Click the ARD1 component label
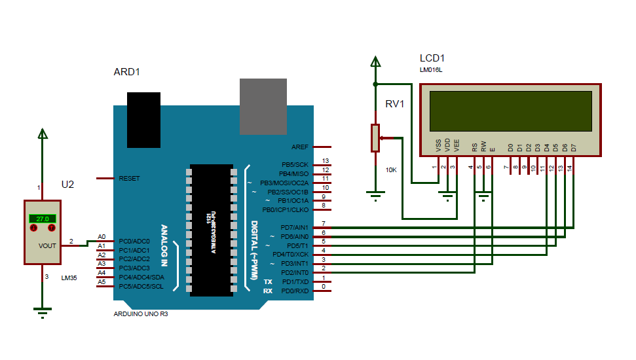pyautogui.click(x=127, y=72)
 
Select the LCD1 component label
pyautogui.click(x=432, y=58)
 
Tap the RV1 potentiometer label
pyautogui.click(x=394, y=104)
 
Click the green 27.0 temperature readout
pyautogui.click(x=43, y=219)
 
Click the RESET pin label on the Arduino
pyautogui.click(x=129, y=178)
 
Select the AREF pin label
pyautogui.click(x=301, y=147)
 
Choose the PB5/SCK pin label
pyautogui.click(x=295, y=164)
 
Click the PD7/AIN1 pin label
pyautogui.click(x=295, y=227)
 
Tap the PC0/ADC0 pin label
pyautogui.click(x=134, y=241)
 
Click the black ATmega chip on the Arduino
pyautogui.click(x=211, y=230)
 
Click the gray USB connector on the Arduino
pyautogui.click(x=263, y=106)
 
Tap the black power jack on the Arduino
pyautogui.click(x=143, y=119)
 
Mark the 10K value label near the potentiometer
pyautogui.click(x=391, y=170)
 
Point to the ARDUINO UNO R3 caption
pyautogui.click(x=141, y=314)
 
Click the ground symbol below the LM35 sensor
pyautogui.click(x=43, y=311)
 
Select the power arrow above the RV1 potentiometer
pyautogui.click(x=375, y=62)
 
